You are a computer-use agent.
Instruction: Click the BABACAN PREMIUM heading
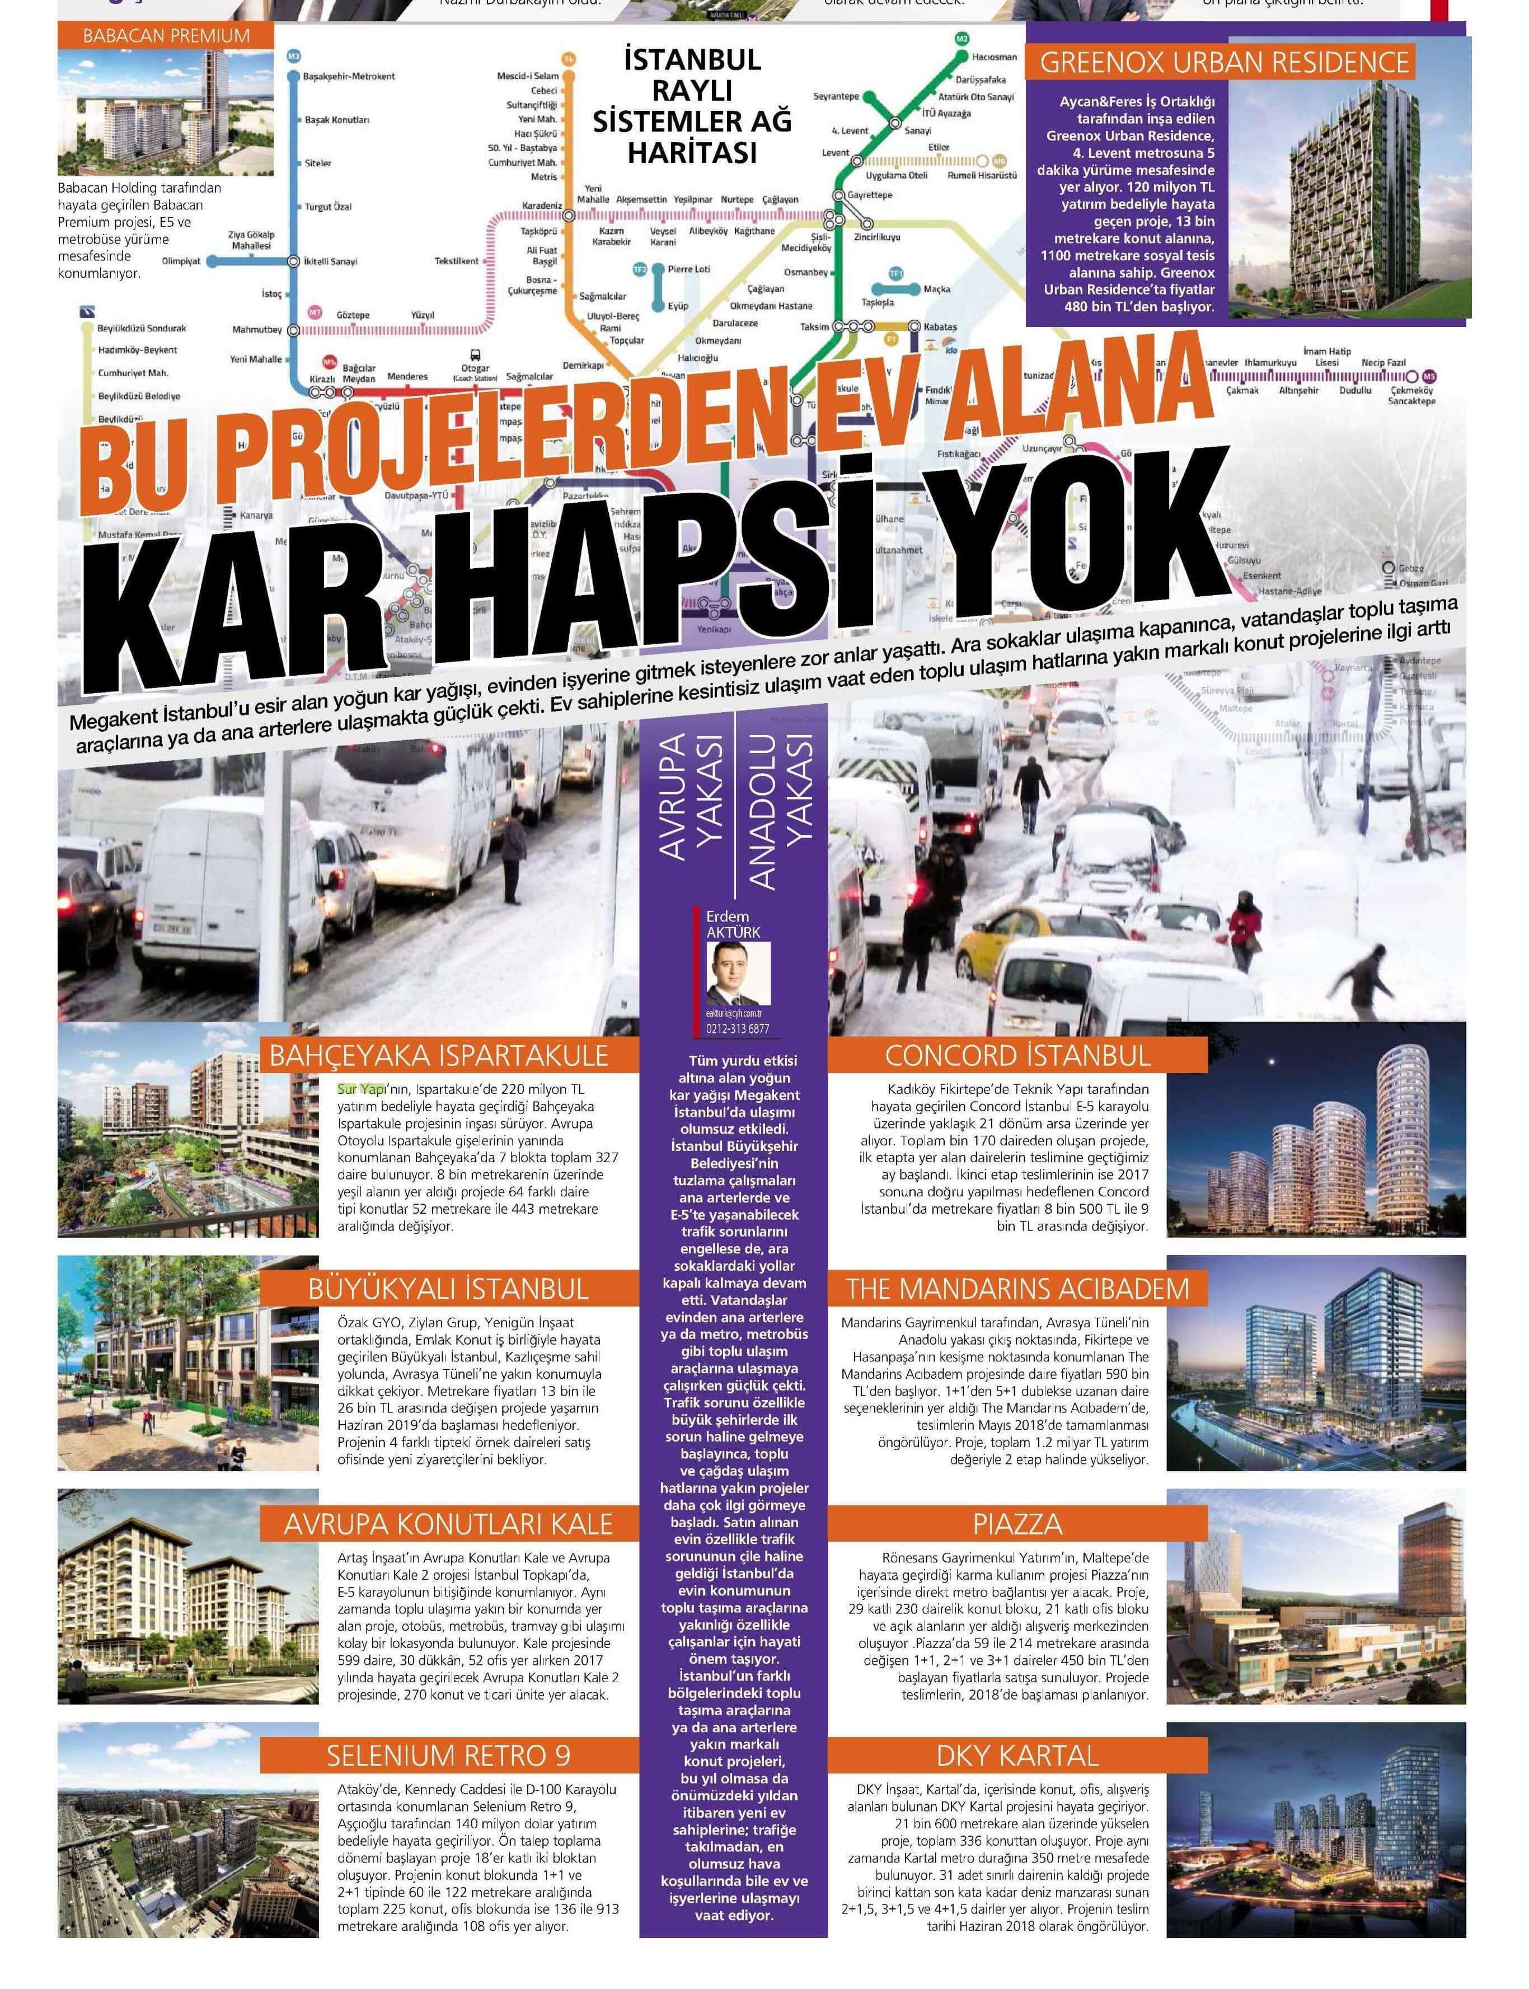coord(166,35)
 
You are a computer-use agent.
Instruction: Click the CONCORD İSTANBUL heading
coord(1017,1055)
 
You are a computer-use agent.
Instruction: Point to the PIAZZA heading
coord(1017,1524)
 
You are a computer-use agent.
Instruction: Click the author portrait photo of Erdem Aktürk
coord(738,973)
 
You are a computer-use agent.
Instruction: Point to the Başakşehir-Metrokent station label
coord(349,77)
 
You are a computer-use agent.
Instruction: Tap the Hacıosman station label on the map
coord(994,57)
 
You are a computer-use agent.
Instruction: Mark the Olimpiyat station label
coord(181,261)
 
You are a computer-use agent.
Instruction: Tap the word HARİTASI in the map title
coord(692,152)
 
